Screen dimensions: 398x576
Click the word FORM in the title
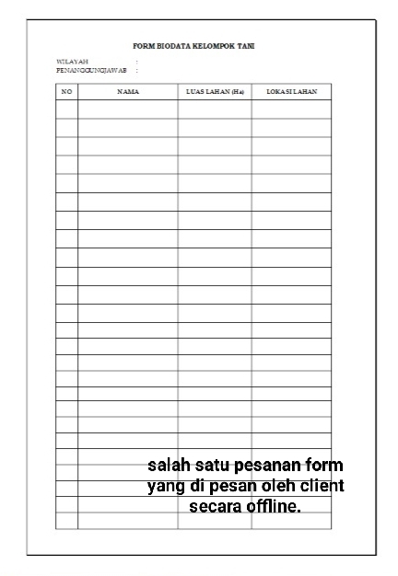143,45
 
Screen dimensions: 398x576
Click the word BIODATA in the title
171,45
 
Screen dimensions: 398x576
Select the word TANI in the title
247,45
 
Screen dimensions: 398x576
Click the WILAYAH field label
71,62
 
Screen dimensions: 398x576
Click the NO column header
66,92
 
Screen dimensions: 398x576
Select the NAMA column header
128,92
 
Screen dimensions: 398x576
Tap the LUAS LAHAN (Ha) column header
215,92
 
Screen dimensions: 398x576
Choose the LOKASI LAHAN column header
291,92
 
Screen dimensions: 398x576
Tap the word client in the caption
322,485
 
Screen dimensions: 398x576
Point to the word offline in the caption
274,506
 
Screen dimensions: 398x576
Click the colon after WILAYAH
137,62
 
